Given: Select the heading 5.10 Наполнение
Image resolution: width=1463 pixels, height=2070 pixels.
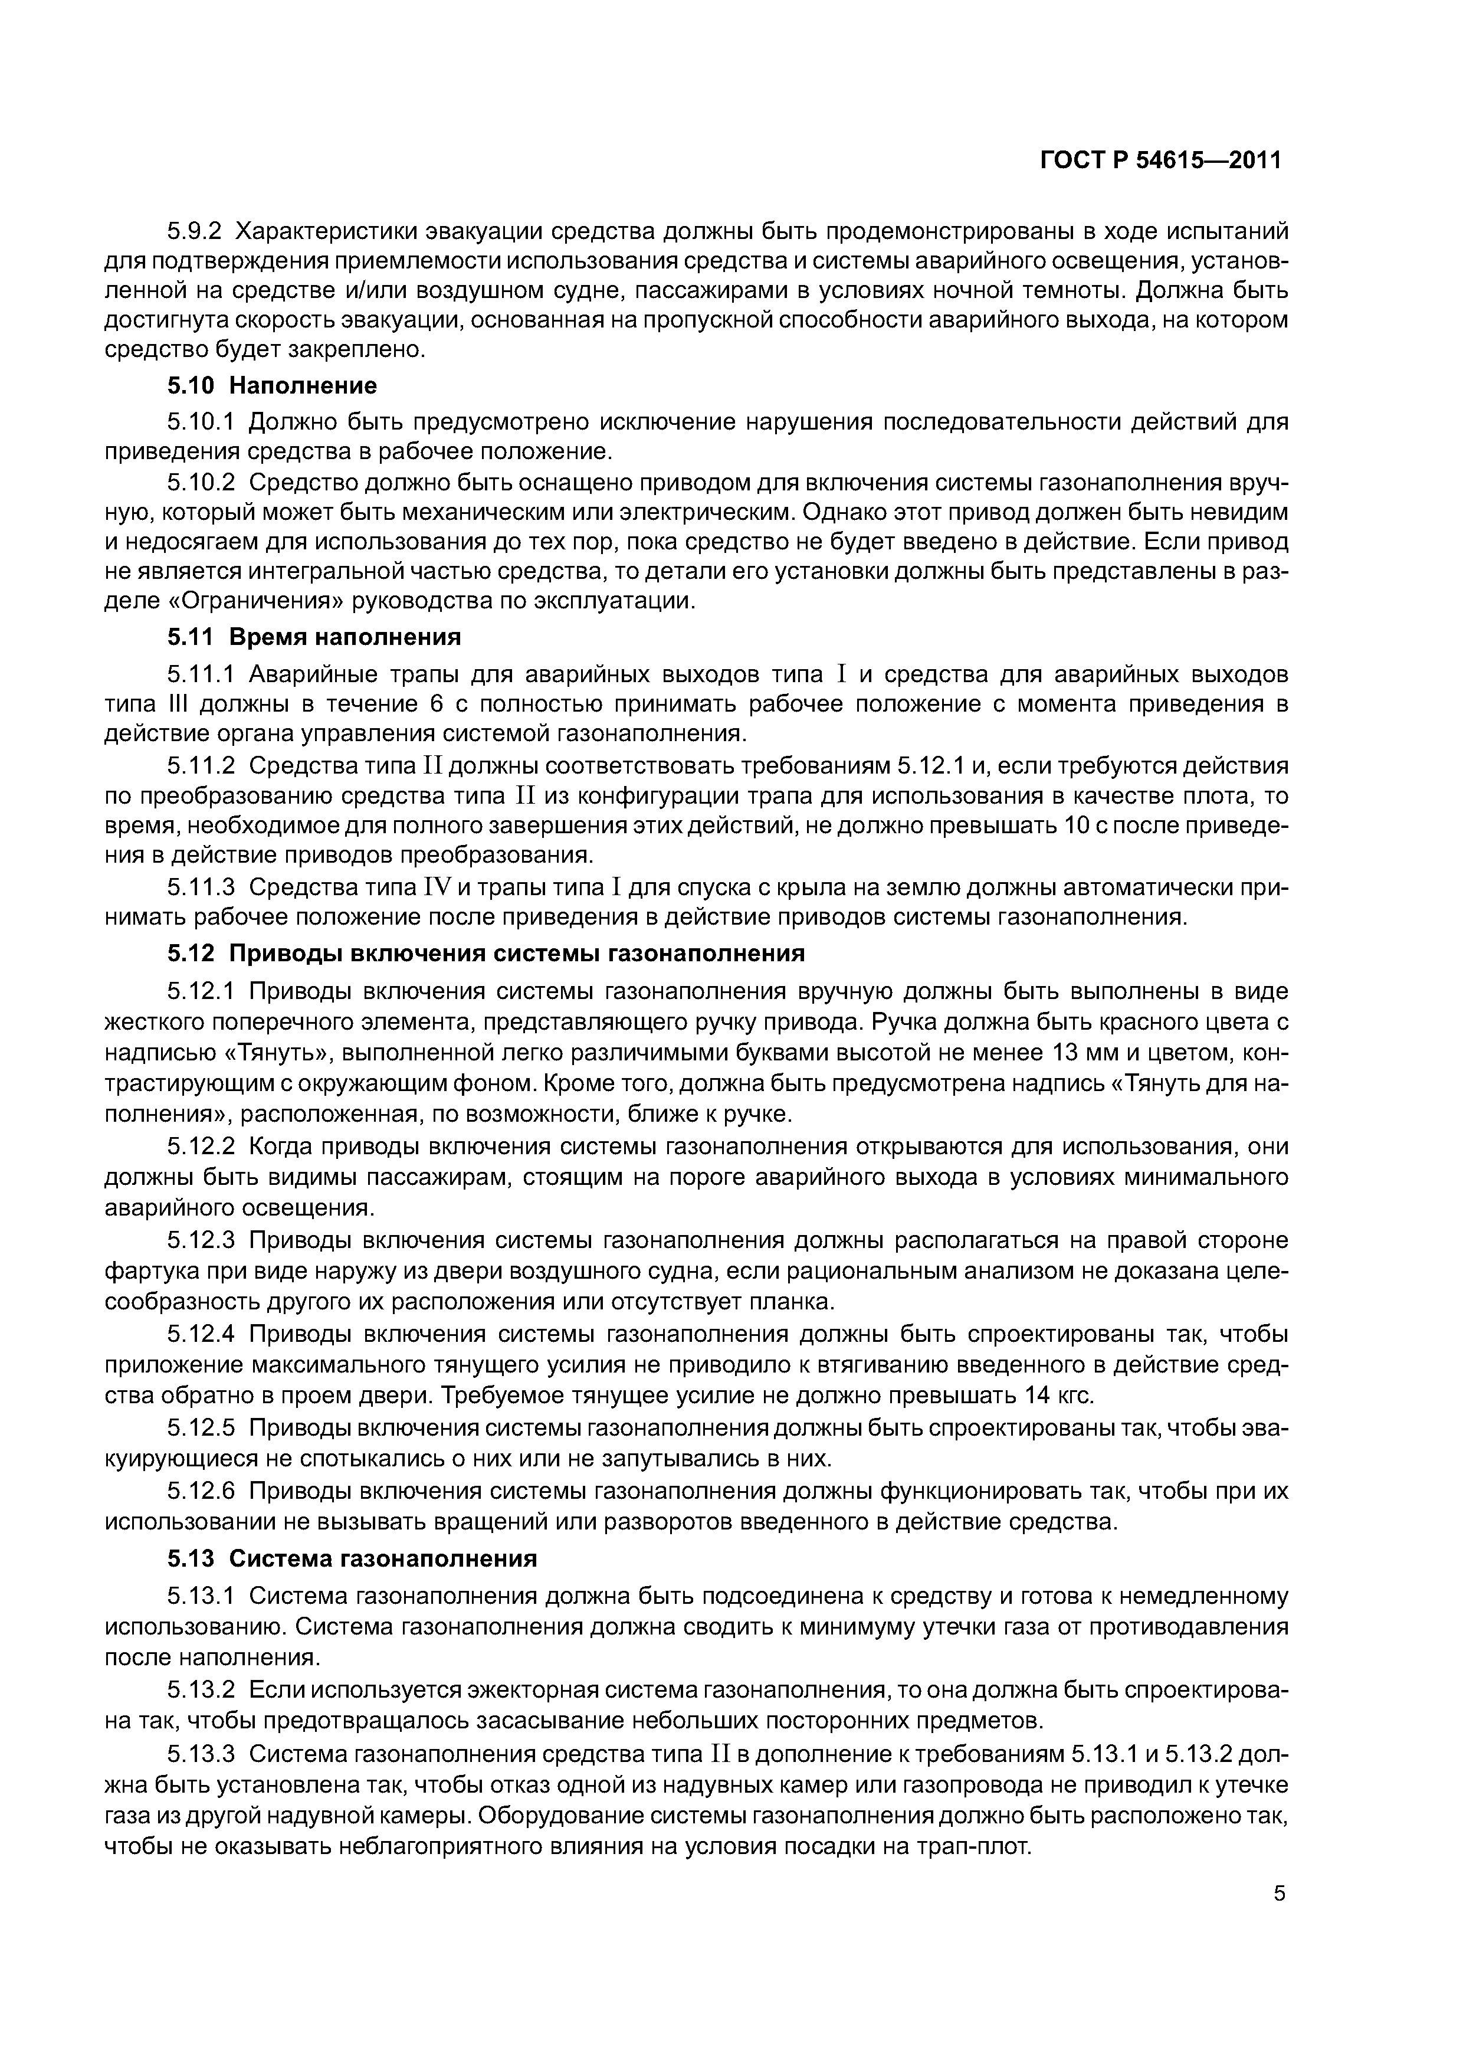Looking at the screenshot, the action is click(271, 386).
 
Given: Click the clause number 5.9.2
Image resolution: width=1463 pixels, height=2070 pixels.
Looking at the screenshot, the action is click(194, 232).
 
